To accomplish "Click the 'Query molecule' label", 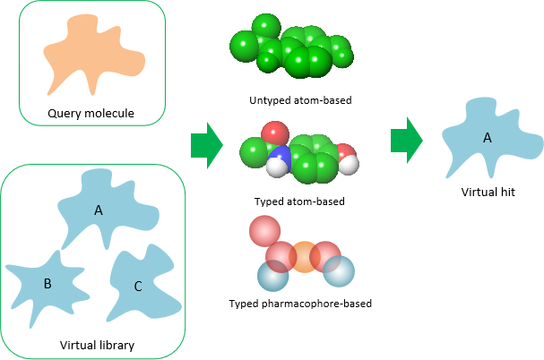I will [x=91, y=114].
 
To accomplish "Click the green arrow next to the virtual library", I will [x=205, y=145].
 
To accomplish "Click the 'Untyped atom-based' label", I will [x=300, y=99].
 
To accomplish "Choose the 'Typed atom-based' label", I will [x=299, y=201].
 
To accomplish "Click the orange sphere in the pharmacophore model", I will [x=304, y=257].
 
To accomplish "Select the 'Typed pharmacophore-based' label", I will [x=300, y=304].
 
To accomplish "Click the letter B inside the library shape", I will [x=47, y=284].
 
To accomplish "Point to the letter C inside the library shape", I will [x=137, y=287].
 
